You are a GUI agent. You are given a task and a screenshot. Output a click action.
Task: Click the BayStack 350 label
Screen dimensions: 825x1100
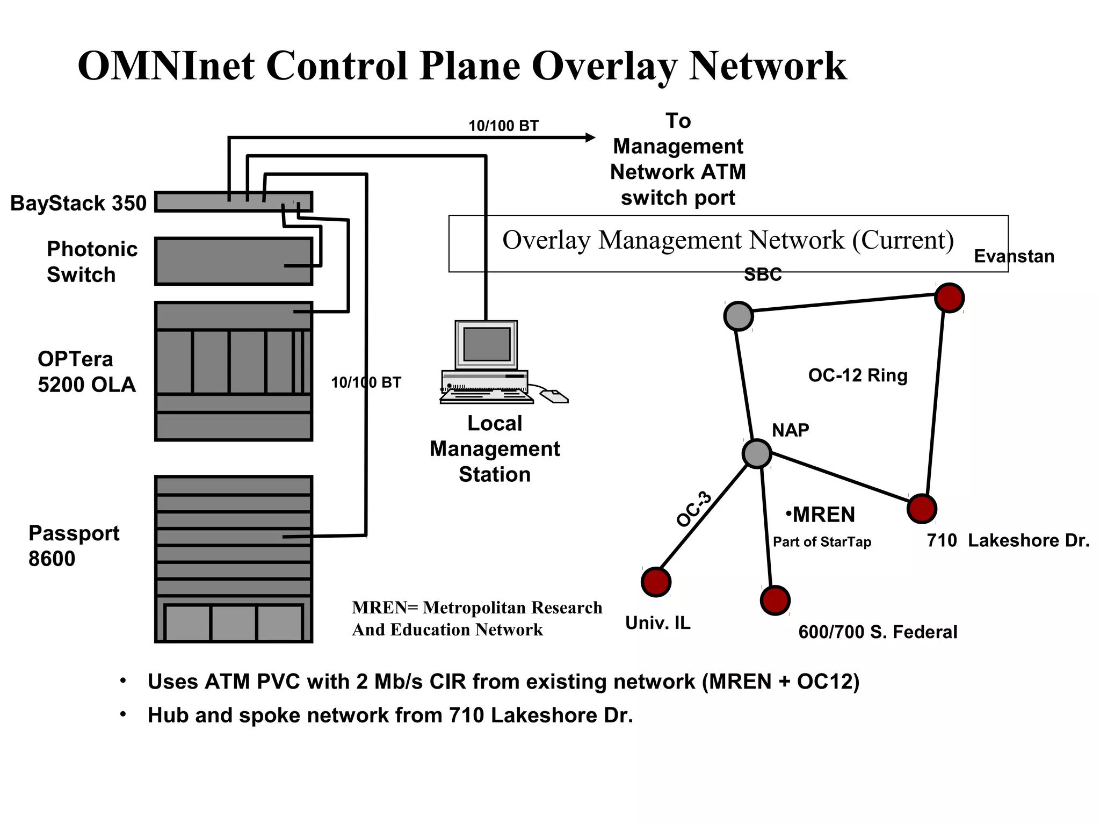(x=78, y=204)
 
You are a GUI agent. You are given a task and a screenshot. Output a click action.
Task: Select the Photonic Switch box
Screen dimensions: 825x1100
(x=233, y=261)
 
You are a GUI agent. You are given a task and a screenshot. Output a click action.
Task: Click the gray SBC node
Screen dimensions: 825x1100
(x=739, y=316)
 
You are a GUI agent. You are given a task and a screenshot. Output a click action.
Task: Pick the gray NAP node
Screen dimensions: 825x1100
(x=757, y=454)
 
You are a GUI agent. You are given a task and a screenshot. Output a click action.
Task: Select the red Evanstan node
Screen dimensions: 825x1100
(x=949, y=298)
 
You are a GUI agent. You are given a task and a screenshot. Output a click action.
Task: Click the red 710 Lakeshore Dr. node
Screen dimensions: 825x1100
(x=922, y=509)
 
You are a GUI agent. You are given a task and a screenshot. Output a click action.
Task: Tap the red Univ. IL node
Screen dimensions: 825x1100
(x=656, y=582)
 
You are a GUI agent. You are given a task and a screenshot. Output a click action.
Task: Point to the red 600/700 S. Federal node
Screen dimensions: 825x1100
(x=775, y=600)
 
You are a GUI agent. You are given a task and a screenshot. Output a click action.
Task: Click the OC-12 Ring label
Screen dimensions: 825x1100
(x=858, y=375)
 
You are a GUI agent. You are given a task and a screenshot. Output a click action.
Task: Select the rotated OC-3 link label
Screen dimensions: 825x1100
(x=694, y=509)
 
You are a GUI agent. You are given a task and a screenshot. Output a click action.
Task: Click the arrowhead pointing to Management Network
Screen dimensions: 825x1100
(x=590, y=137)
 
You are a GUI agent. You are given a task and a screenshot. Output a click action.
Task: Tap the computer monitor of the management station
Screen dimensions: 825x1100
(x=487, y=344)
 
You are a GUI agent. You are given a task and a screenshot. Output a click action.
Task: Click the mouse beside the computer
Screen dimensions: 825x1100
(x=554, y=397)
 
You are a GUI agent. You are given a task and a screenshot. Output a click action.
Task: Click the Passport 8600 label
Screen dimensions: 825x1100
(x=74, y=546)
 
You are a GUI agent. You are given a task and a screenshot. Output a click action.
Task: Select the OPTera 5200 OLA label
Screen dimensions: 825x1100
(x=86, y=372)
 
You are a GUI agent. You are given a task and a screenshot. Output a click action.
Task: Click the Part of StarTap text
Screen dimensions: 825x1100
(x=822, y=542)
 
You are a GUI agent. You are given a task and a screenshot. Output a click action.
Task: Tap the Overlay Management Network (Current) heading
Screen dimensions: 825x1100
(x=728, y=240)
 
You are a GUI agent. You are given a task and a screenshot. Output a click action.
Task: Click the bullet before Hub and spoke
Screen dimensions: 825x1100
(x=123, y=714)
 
